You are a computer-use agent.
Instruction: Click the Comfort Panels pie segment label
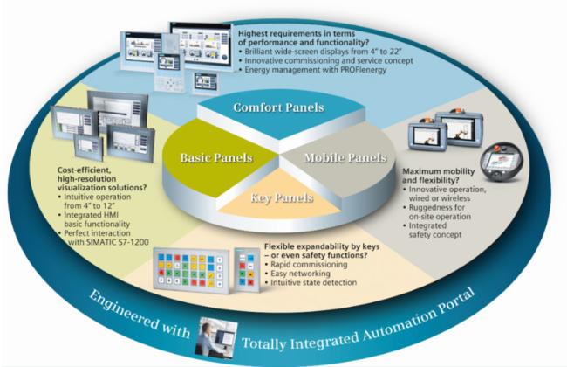[278, 107]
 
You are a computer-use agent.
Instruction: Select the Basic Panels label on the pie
[216, 157]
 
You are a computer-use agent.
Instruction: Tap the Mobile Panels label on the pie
[345, 157]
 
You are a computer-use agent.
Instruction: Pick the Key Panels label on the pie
[282, 197]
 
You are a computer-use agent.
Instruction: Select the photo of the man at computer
[215, 337]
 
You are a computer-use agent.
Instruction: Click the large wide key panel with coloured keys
[191, 270]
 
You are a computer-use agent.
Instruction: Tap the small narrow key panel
[247, 269]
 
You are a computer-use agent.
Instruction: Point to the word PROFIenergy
[364, 70]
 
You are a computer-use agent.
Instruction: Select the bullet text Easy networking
[300, 274]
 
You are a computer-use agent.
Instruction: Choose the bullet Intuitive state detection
[313, 282]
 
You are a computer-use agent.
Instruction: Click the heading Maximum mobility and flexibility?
[438, 176]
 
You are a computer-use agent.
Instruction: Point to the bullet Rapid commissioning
[309, 264]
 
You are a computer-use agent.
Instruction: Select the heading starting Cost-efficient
[102, 179]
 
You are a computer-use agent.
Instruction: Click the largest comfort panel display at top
[201, 45]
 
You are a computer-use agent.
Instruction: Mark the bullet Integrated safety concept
[435, 230]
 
